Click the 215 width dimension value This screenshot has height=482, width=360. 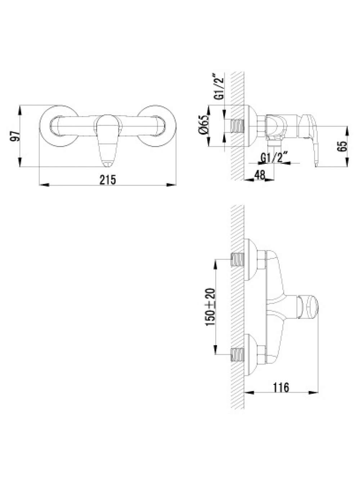(x=108, y=180)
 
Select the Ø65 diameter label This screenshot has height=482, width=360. (x=203, y=127)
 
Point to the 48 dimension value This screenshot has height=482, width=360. (x=260, y=175)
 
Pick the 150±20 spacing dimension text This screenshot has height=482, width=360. (x=210, y=308)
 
